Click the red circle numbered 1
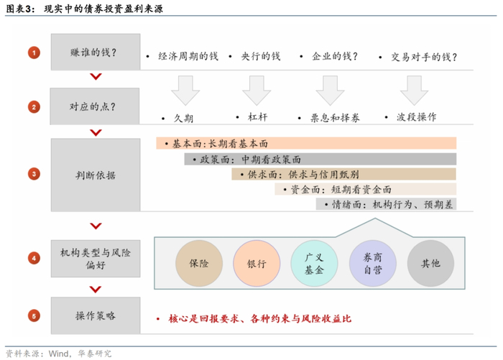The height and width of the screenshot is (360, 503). pos(34,52)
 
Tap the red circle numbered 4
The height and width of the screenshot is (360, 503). pos(34,257)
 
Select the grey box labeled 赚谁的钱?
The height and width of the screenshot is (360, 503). pos(95,52)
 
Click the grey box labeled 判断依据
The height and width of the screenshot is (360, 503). pos(95,175)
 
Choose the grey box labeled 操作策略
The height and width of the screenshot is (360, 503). pos(95,316)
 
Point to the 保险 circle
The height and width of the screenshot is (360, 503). pos(199,264)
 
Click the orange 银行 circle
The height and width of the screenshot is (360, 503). pos(257,264)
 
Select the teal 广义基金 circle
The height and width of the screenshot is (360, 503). pos(315,264)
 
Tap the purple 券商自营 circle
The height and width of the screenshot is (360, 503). pos(373,264)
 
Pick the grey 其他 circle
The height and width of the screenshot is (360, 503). pos(430,264)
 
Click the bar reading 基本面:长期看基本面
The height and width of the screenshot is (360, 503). pos(306,144)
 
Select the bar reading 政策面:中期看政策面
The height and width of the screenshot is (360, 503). pos(320,159)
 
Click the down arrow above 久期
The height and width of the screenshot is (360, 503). pos(185,90)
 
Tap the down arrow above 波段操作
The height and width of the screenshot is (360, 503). pos(414,90)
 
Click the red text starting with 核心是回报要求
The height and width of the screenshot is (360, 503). pos(259,318)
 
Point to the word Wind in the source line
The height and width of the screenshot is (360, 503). pos(60,353)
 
